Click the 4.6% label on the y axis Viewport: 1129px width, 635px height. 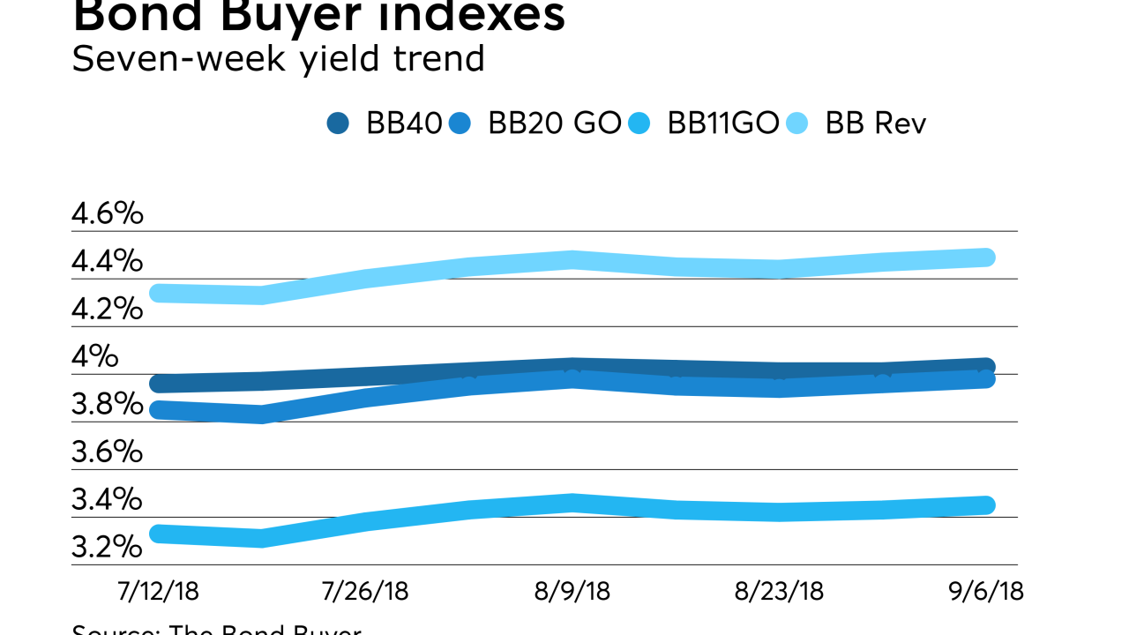pyautogui.click(x=107, y=214)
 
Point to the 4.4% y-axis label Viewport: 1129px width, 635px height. pyautogui.click(x=107, y=262)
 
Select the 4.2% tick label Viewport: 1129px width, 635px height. pyautogui.click(x=107, y=310)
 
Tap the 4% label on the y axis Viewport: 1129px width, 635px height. pyautogui.click(x=94, y=357)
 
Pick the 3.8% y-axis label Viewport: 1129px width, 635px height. pyautogui.click(x=107, y=405)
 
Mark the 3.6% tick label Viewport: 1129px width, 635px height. pyautogui.click(x=107, y=452)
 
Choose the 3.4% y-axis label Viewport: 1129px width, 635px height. pyautogui.click(x=107, y=500)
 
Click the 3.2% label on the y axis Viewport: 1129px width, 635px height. pyautogui.click(x=107, y=548)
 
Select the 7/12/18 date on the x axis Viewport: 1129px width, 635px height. pyautogui.click(x=160, y=590)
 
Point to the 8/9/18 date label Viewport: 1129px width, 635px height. pyautogui.click(x=572, y=590)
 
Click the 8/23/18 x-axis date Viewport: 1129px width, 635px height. pyautogui.click(x=779, y=590)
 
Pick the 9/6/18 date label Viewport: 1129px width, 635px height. pyautogui.click(x=986, y=590)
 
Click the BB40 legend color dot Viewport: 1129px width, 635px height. pyautogui.click(x=338, y=123)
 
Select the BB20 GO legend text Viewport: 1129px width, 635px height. pyautogui.click(x=555, y=123)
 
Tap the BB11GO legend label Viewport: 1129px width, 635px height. pyautogui.click(x=723, y=123)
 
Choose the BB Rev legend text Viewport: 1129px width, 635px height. pyautogui.click(x=876, y=123)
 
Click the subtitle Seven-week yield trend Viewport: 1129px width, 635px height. pyautogui.click(x=278, y=59)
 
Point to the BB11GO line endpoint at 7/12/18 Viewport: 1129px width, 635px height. pyautogui.click(x=160, y=534)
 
